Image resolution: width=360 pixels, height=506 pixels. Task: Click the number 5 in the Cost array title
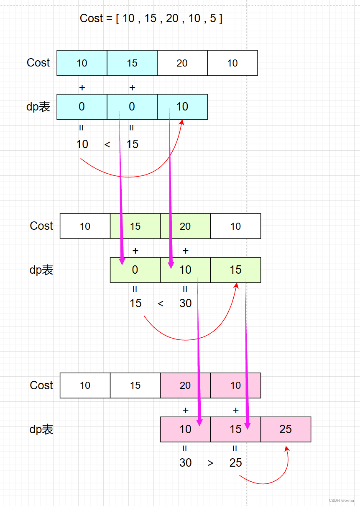pyautogui.click(x=213, y=19)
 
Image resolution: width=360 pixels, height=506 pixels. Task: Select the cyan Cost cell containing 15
pyautogui.click(x=132, y=63)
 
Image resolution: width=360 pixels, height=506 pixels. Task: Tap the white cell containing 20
pyautogui.click(x=182, y=63)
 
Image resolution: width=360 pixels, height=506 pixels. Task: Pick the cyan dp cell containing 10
pyautogui.click(x=182, y=107)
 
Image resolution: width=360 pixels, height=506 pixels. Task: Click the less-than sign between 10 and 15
pyautogui.click(x=107, y=144)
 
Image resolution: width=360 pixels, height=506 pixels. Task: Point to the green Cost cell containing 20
pyautogui.click(x=185, y=226)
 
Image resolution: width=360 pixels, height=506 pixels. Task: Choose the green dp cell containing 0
pyautogui.click(x=135, y=270)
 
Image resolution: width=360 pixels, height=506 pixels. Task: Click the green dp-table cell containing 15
pyautogui.click(x=235, y=270)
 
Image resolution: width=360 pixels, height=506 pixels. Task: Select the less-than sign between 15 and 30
pyautogui.click(x=161, y=303)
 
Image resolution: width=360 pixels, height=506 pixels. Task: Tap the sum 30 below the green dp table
pyautogui.click(x=186, y=303)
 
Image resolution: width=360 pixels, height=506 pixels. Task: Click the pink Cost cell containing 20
pyautogui.click(x=185, y=385)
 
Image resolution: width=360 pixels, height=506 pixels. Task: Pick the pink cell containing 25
pyautogui.click(x=286, y=429)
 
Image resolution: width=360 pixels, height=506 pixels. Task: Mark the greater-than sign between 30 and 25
pyautogui.click(x=210, y=463)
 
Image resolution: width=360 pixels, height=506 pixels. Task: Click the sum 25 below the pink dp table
pyautogui.click(x=236, y=463)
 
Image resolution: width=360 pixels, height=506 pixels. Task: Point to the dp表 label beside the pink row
pyautogui.click(x=41, y=429)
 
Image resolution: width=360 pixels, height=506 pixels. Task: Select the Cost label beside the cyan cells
pyautogui.click(x=38, y=63)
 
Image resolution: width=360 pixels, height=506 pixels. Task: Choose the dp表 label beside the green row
pyautogui.click(x=41, y=270)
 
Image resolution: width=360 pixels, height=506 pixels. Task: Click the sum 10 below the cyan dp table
pyautogui.click(x=82, y=144)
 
